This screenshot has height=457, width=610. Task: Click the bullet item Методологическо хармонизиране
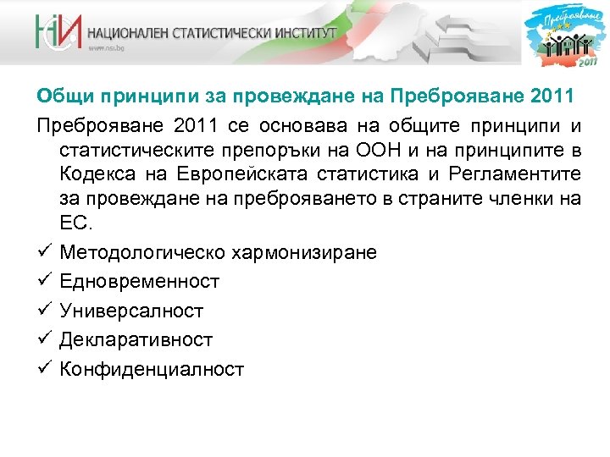tap(219, 252)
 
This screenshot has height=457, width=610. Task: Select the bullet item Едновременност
tap(140, 281)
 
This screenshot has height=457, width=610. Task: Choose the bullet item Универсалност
tap(131, 311)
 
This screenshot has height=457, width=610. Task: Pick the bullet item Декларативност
tap(136, 339)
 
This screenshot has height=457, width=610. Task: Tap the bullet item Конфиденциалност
tap(152, 369)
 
